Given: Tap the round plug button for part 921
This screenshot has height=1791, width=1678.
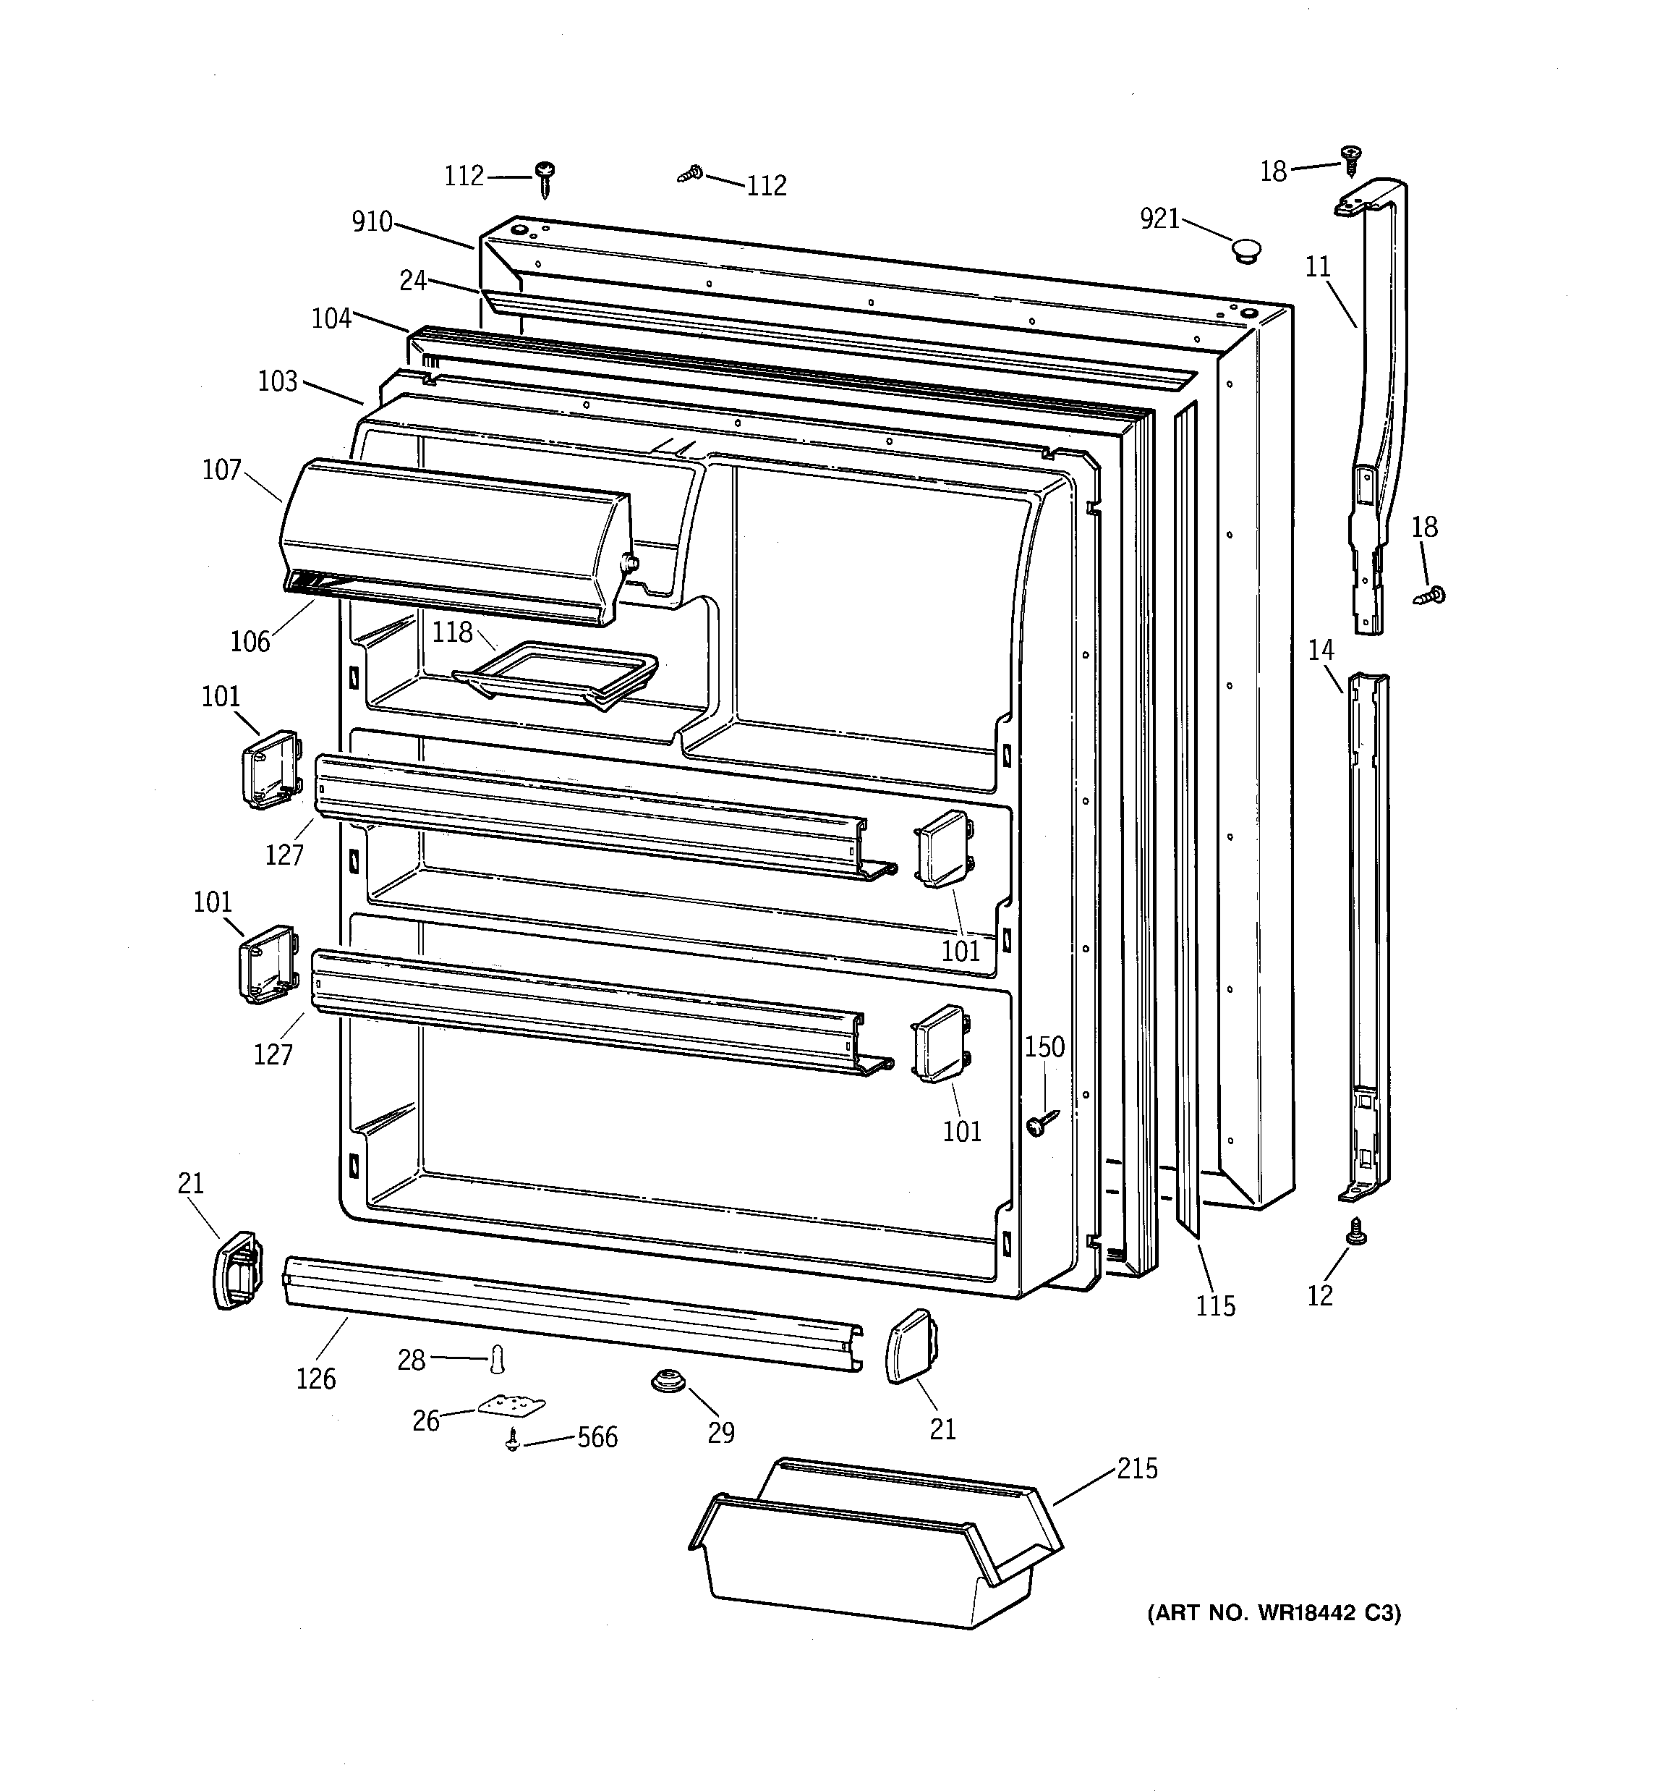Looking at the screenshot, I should click(1246, 250).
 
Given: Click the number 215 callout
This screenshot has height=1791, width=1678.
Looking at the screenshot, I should click(1137, 1468).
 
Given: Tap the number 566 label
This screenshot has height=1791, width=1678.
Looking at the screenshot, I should click(597, 1437).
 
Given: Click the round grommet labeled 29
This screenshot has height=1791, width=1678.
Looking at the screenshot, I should click(668, 1379).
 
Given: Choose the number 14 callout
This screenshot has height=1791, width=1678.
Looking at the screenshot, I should click(1321, 651).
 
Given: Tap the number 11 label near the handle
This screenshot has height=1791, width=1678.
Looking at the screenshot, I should click(1318, 267).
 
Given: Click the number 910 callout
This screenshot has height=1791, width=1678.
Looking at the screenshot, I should click(372, 221).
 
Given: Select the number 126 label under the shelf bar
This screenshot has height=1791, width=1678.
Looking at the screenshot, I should click(316, 1379).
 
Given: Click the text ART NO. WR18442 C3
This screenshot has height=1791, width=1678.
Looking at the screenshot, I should click(1274, 1612).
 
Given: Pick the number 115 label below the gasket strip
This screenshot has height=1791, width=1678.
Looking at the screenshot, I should click(1215, 1305).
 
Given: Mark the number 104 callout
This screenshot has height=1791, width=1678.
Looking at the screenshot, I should click(331, 318).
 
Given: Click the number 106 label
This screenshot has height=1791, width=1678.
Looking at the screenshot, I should click(250, 641).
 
